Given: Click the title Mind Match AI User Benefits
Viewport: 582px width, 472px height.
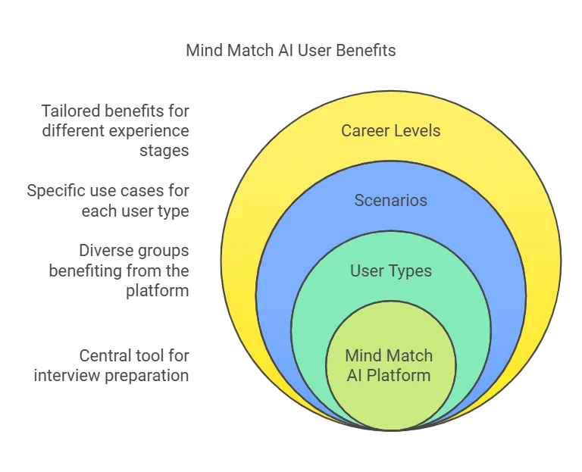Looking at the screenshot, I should tap(291, 51).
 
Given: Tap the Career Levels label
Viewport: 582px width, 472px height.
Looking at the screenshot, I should tap(390, 130).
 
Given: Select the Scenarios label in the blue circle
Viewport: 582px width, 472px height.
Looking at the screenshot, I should tap(390, 201).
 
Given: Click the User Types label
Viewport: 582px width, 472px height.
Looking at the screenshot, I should tap(390, 270).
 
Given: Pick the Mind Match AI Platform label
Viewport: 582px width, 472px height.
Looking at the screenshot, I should tap(389, 365).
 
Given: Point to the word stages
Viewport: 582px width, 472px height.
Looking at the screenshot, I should tap(164, 150).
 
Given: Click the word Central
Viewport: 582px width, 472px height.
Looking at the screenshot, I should tap(105, 355).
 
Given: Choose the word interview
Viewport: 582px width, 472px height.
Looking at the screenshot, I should tap(64, 375).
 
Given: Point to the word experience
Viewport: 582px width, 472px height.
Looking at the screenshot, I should tap(149, 130).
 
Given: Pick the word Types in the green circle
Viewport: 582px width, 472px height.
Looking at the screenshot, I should tap(408, 270).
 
